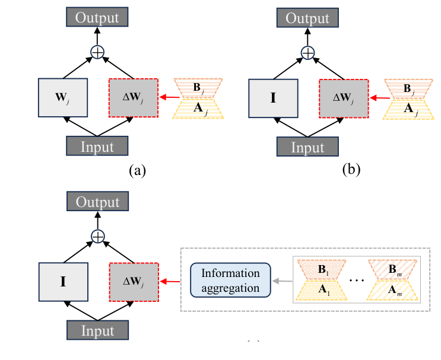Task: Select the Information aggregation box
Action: coord(230,281)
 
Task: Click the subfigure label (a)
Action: coord(137,171)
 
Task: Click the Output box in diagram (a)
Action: coord(97,18)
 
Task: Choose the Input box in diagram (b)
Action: coord(307,146)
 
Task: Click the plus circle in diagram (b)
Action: coord(307,53)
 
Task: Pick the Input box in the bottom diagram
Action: coord(97,329)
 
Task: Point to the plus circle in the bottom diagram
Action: coord(97,237)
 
